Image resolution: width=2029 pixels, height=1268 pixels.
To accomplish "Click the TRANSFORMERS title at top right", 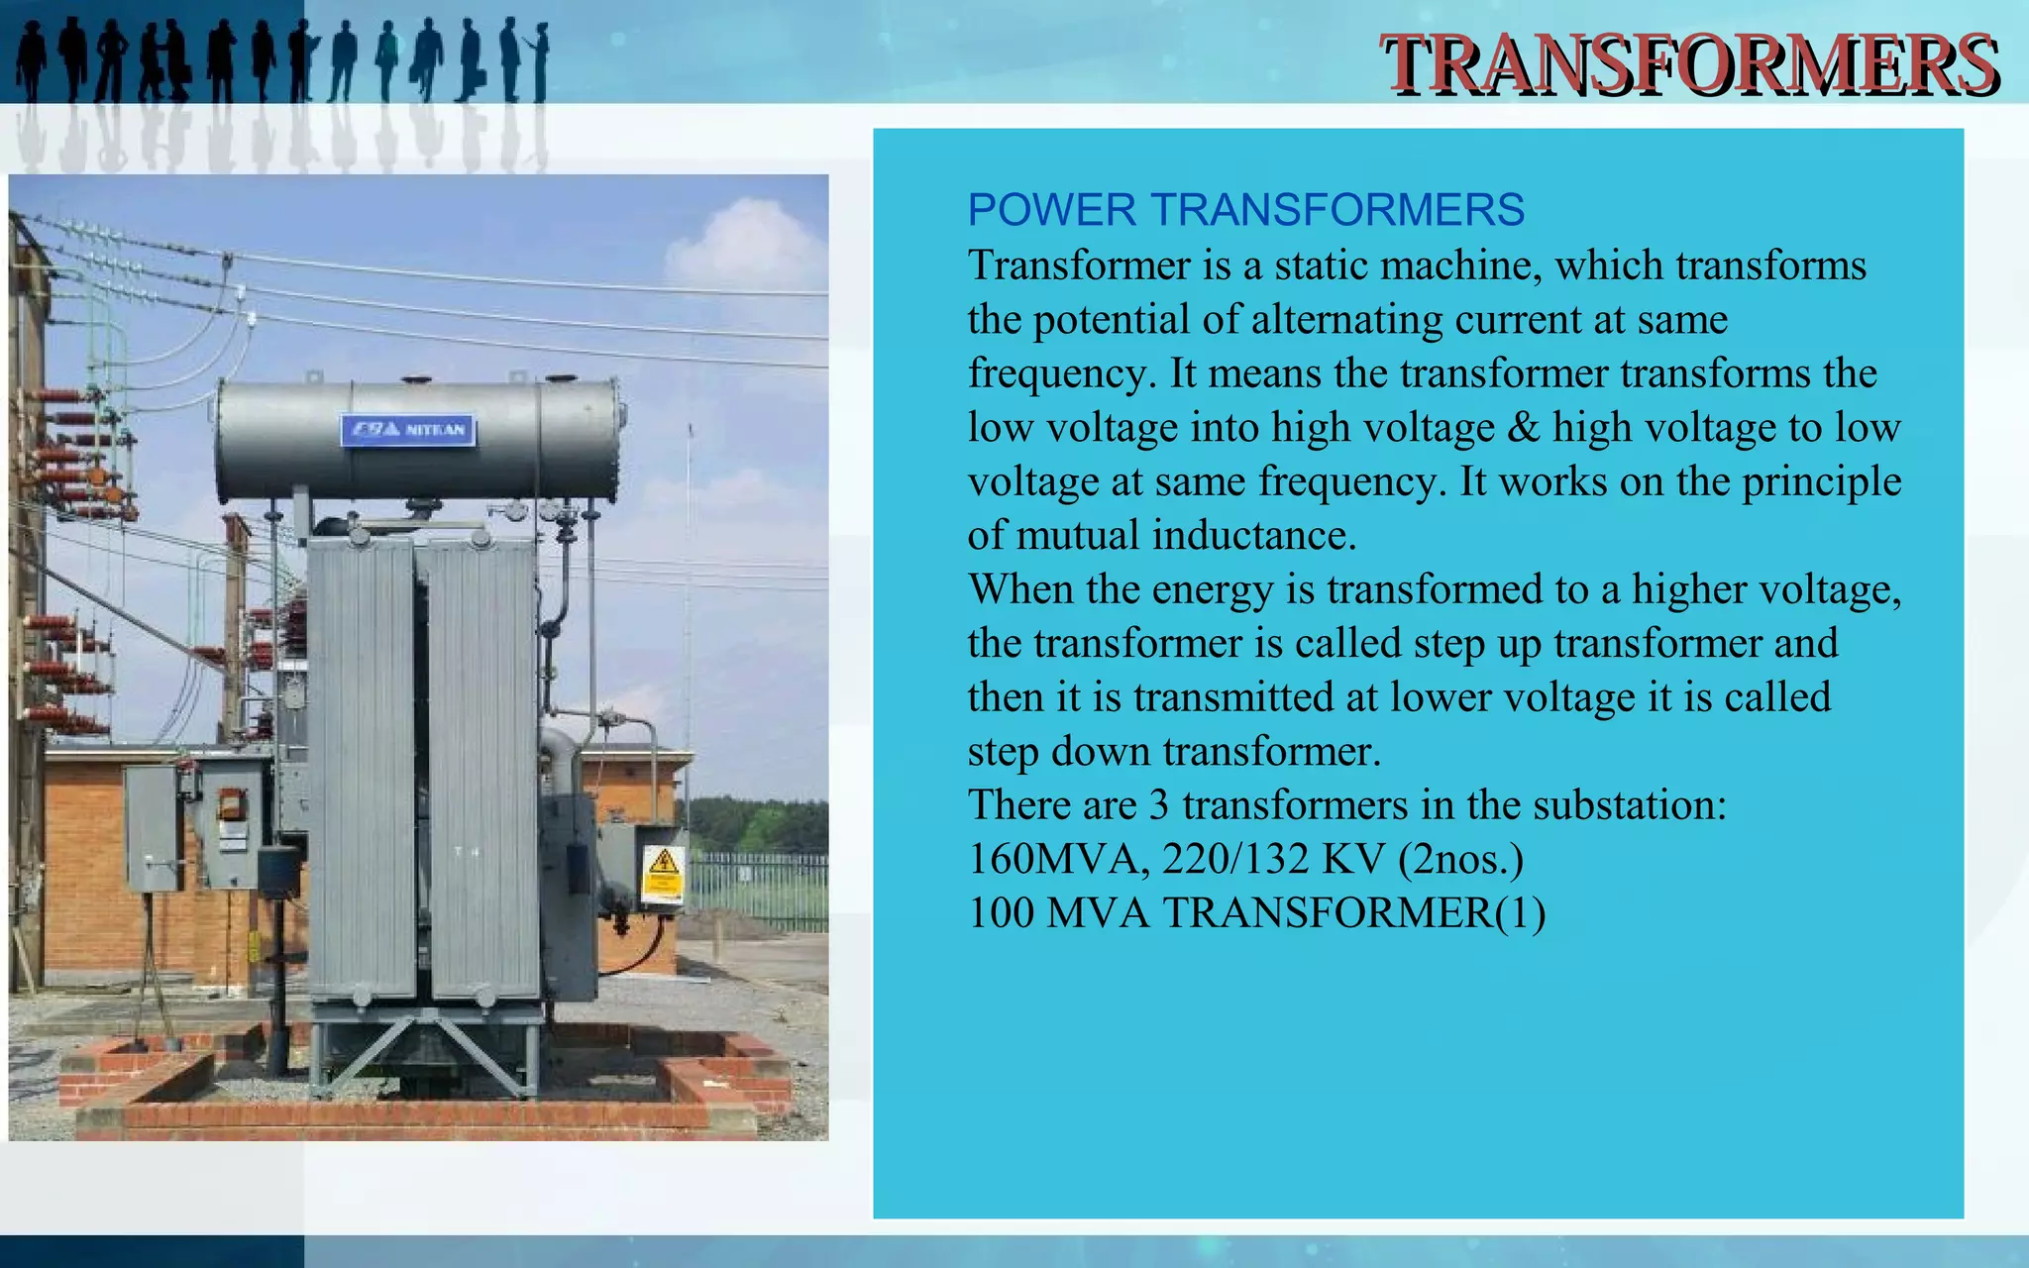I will (1689, 64).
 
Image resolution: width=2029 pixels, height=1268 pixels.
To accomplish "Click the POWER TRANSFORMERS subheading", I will (1245, 210).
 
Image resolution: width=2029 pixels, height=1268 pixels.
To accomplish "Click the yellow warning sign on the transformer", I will (663, 872).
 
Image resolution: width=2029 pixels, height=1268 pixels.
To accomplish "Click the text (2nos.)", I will (1460, 859).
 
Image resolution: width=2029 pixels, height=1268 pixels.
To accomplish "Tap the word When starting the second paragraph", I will (1020, 589).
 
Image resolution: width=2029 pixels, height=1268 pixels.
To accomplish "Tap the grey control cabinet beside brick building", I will (152, 827).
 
